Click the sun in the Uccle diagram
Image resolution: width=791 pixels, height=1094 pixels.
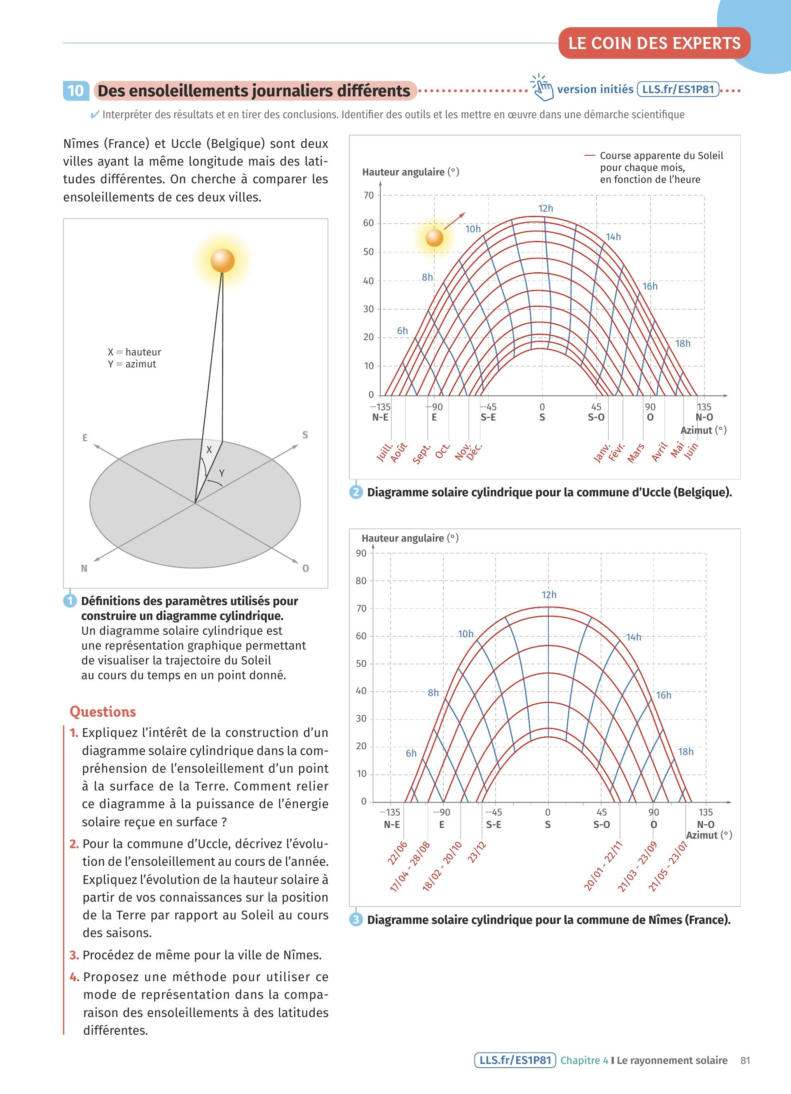(x=435, y=237)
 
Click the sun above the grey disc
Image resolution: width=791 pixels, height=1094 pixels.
(x=222, y=261)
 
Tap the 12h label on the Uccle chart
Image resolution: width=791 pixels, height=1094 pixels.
(x=545, y=208)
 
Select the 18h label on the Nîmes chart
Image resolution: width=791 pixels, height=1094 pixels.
(x=686, y=752)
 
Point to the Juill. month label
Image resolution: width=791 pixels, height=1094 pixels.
(x=385, y=452)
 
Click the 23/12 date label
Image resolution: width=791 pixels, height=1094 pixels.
(x=477, y=852)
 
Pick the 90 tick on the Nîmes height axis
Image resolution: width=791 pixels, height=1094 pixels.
(x=361, y=553)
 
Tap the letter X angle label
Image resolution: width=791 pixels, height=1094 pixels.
(x=209, y=449)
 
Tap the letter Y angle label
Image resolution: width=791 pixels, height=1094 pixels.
(x=222, y=473)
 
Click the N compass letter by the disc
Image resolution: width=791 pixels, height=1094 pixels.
(x=84, y=568)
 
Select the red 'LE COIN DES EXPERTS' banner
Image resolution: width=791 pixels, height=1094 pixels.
(x=654, y=43)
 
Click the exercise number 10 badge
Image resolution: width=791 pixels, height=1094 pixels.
(x=76, y=91)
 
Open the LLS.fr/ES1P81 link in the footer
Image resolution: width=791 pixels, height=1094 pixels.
(x=515, y=1060)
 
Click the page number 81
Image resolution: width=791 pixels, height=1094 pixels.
(x=745, y=1060)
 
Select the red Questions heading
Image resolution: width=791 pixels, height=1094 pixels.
(x=103, y=711)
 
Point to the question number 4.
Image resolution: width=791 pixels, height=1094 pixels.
(x=74, y=977)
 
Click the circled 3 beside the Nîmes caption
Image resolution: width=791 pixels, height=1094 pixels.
(x=356, y=919)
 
